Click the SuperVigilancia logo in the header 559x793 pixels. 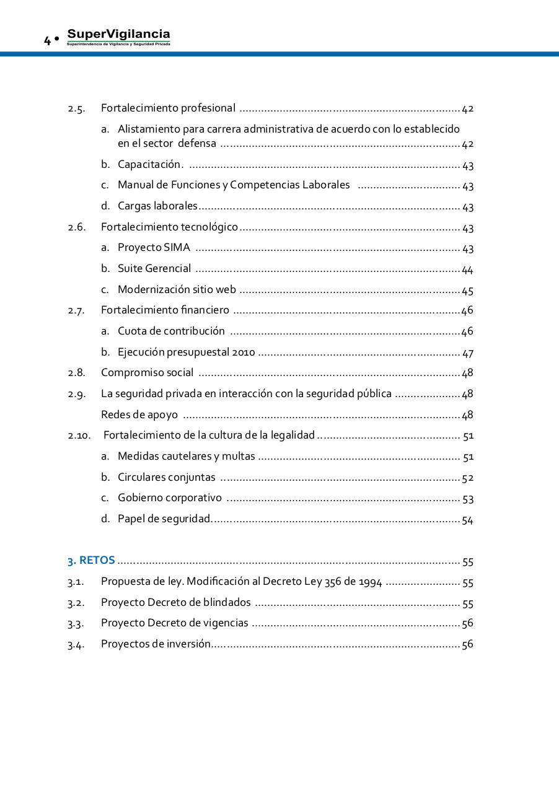pyautogui.click(x=118, y=37)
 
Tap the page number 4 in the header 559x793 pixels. pyautogui.click(x=47, y=42)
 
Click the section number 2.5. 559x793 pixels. pyautogui.click(x=76, y=109)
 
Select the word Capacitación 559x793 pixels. pyautogui.click(x=150, y=165)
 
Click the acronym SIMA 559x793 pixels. pyautogui.click(x=177, y=248)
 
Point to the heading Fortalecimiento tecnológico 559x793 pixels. pyautogui.click(x=169, y=227)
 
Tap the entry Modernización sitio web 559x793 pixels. pyautogui.click(x=177, y=290)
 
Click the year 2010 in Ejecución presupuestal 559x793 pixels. pyautogui.click(x=244, y=353)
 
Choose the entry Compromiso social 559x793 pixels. pyautogui.click(x=147, y=373)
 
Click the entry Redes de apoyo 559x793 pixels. pyautogui.click(x=139, y=415)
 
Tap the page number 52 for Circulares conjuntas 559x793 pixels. pyautogui.click(x=467, y=478)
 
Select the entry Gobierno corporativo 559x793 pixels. pyautogui.click(x=170, y=498)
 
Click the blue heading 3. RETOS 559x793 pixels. pyautogui.click(x=91, y=561)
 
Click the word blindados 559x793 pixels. pyautogui.click(x=227, y=603)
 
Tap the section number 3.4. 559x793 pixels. pyautogui.click(x=76, y=645)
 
